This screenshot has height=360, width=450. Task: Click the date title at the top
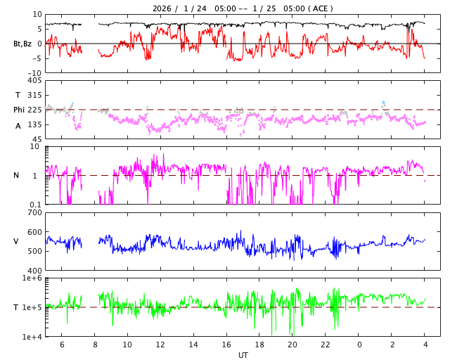243,8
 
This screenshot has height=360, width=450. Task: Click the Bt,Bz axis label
22,44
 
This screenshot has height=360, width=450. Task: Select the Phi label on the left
20,110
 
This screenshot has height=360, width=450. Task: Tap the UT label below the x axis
243,355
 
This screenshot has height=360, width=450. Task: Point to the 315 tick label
34,95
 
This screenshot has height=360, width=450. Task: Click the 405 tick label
34,81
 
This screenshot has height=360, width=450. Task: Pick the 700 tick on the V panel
34,212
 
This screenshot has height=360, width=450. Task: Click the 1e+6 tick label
32,278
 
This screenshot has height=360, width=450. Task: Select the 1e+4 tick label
32,337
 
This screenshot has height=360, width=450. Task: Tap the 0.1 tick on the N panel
35,205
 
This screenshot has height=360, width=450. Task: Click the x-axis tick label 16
226,345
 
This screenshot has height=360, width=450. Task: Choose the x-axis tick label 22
326,345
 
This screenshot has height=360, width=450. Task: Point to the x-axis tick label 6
62,345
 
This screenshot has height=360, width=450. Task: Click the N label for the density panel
16,176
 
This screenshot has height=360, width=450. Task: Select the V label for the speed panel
16,242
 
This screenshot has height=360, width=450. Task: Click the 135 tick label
34,124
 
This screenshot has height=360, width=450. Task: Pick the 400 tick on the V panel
34,271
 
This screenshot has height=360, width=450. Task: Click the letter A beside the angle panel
18,126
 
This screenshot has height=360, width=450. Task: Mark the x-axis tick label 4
425,345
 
